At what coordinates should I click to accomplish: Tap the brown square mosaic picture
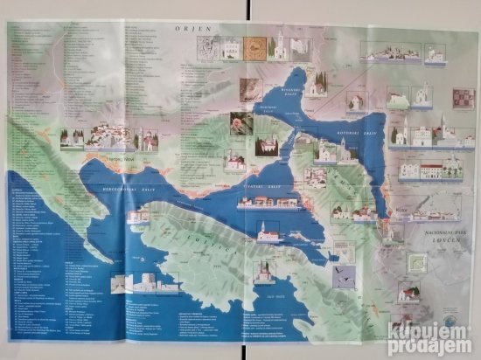pos(253,47)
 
